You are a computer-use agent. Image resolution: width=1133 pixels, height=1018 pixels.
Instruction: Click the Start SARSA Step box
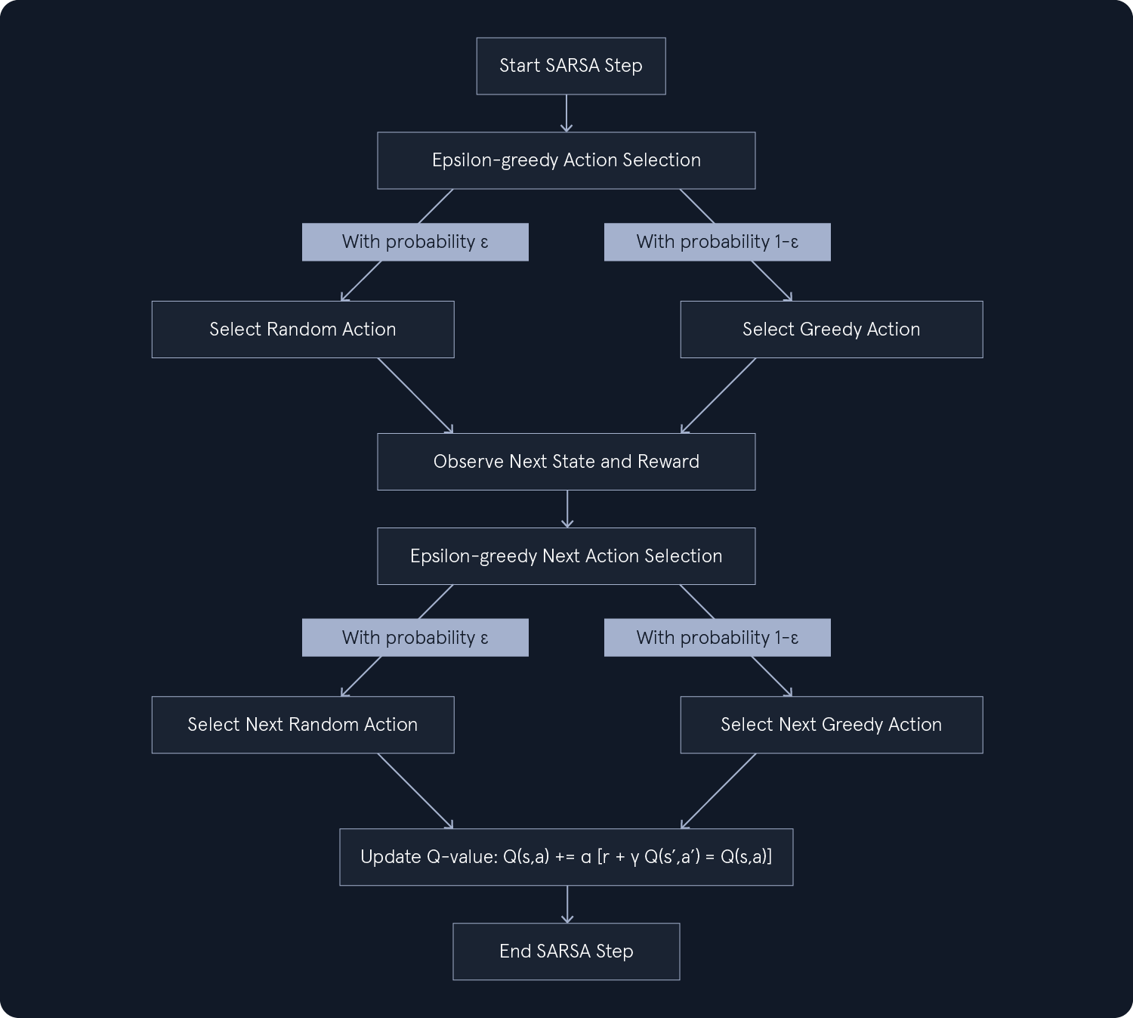click(570, 66)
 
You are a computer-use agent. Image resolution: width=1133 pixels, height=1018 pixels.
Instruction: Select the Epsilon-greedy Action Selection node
click(566, 160)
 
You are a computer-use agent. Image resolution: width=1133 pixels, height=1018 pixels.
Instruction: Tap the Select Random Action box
click(302, 330)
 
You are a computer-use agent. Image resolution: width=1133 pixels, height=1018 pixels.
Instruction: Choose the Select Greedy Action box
click(831, 330)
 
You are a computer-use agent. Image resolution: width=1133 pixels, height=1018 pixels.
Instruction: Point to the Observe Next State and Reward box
click(566, 462)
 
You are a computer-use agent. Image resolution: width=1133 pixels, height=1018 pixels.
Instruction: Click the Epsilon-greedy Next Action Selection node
click(566, 556)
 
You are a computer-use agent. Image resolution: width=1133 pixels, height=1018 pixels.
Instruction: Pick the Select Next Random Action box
click(302, 725)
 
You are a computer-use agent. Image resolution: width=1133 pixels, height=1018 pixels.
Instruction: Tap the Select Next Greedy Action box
click(831, 725)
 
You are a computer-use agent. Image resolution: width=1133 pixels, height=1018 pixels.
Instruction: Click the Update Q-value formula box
click(566, 857)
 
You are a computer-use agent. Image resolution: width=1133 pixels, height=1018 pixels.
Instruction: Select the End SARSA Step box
click(566, 951)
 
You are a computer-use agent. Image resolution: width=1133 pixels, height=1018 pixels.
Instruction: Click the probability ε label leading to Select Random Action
click(415, 242)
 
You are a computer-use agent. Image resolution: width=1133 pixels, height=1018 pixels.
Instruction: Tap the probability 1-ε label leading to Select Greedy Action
click(717, 242)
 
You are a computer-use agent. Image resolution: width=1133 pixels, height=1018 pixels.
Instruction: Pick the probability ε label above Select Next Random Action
click(415, 638)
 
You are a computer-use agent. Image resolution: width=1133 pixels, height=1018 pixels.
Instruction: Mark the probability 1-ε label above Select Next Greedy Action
click(717, 638)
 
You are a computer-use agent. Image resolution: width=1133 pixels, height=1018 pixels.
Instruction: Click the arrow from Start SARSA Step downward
click(566, 113)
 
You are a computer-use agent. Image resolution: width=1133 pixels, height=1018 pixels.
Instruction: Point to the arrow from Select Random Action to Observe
click(415, 396)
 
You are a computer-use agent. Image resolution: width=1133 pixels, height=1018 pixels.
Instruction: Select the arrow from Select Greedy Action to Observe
click(718, 396)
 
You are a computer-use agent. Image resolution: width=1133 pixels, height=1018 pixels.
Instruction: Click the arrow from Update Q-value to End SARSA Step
click(566, 904)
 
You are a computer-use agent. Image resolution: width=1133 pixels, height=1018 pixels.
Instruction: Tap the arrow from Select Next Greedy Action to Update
click(718, 791)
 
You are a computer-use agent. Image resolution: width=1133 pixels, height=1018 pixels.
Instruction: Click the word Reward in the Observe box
click(668, 462)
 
